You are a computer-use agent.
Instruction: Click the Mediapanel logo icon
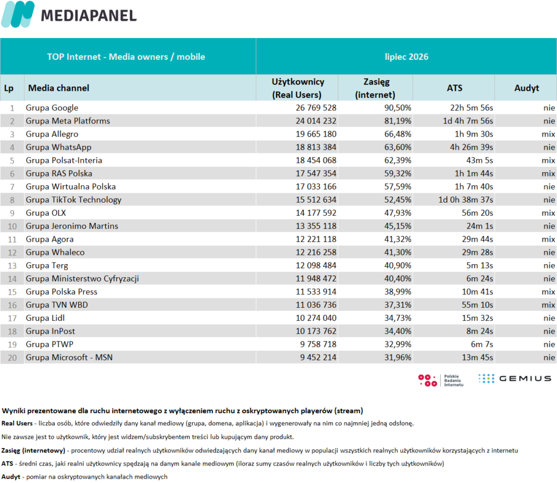18,14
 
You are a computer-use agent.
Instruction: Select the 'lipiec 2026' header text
406,57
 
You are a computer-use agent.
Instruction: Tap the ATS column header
454,88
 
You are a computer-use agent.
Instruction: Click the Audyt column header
527,88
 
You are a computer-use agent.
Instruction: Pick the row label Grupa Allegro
52,134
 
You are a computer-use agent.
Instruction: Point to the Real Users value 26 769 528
316,108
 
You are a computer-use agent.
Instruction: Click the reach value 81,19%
398,121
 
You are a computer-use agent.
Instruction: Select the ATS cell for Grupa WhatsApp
472,147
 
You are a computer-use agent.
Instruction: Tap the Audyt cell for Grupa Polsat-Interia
548,161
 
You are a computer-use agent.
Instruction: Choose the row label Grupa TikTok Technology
73,200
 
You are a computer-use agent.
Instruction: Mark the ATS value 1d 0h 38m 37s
466,200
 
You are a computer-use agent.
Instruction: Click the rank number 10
12,226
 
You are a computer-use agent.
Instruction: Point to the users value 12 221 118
316,240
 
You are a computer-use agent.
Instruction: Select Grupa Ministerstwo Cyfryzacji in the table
82,279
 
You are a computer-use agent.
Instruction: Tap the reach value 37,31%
398,305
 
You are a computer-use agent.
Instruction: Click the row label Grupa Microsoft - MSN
69,357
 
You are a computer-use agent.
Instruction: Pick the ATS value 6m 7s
482,344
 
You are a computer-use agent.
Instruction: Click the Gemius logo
515,378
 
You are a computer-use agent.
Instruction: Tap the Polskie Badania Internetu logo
441,380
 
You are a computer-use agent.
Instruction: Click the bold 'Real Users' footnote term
17,423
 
